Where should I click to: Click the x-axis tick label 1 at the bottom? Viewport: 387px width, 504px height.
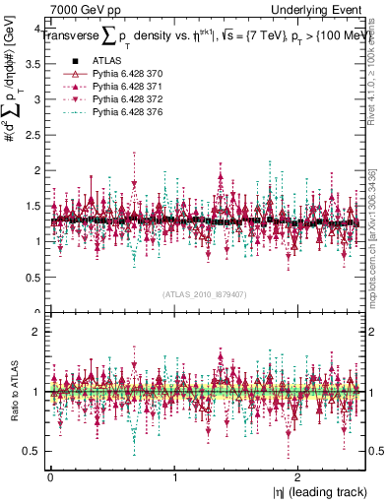click(174, 477)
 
